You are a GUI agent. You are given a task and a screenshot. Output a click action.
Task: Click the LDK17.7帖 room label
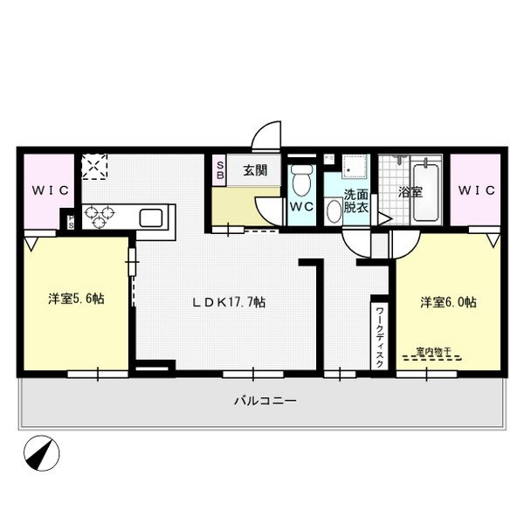tap(229, 302)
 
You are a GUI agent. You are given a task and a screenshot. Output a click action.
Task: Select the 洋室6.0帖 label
tap(448, 302)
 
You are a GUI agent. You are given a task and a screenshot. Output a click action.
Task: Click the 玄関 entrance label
tap(254, 171)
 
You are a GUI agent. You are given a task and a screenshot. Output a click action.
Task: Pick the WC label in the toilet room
tap(302, 207)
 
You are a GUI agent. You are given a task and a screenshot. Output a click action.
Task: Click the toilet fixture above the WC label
tap(302, 181)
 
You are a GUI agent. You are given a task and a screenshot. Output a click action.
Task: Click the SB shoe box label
tap(220, 169)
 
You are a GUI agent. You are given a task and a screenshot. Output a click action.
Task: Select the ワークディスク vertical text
tap(380, 335)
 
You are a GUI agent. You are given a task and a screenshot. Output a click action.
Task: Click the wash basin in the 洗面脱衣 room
tap(334, 212)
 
